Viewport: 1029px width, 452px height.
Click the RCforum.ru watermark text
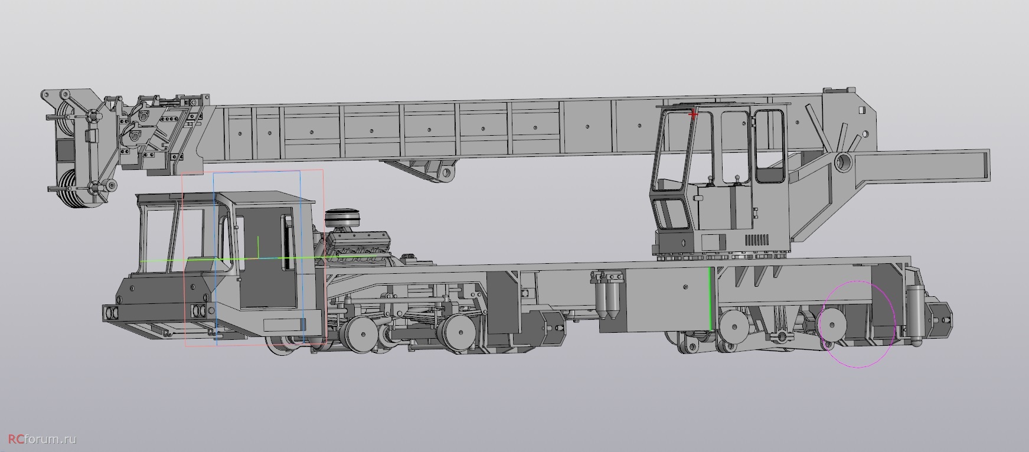coord(39,440)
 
